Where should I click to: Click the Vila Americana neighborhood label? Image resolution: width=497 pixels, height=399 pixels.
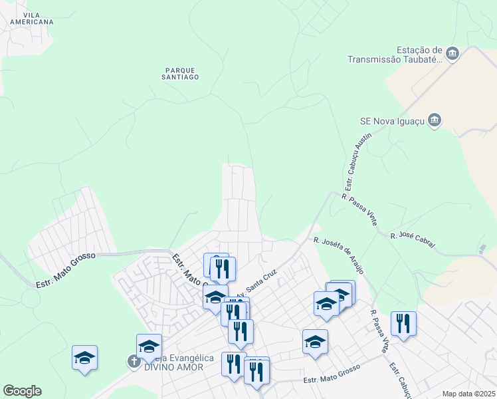(31, 18)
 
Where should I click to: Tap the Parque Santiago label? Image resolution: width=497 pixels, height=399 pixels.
(180, 72)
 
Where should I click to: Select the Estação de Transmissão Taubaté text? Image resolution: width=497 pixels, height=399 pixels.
(395, 55)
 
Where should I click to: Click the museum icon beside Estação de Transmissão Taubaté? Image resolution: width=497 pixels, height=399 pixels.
(452, 53)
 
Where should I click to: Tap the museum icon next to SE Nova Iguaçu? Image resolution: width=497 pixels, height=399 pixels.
(435, 120)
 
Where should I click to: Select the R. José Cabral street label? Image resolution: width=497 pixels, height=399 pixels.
(413, 241)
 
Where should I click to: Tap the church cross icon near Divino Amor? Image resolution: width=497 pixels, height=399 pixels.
(134, 361)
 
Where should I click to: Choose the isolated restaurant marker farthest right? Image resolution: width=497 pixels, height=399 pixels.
(403, 324)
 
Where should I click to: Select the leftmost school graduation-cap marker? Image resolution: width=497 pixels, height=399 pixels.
(85, 358)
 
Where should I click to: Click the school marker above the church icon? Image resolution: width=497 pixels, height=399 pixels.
(149, 346)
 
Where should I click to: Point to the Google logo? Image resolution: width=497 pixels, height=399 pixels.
(22, 391)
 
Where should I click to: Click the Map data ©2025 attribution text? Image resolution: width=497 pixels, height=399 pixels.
(468, 394)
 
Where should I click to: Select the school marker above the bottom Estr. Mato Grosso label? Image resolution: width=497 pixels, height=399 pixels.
(315, 342)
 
